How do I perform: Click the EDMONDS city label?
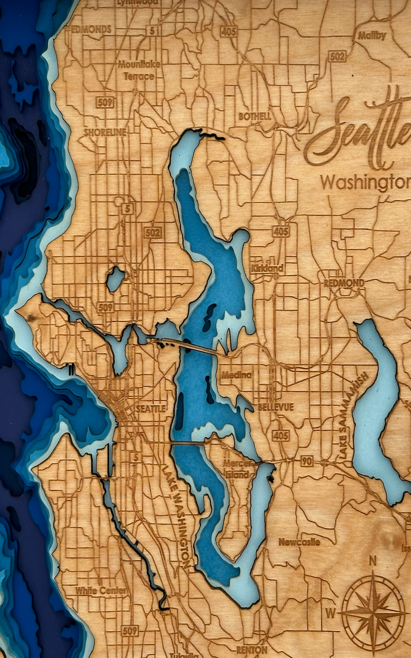91,29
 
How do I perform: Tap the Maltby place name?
372,36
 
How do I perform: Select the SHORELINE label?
105,133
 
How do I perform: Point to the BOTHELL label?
255,117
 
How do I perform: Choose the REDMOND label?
344,283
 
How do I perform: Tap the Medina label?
236,375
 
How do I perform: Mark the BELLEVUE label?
275,407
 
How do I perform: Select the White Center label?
101,588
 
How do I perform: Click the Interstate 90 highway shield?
307,461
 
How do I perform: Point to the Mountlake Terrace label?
139,70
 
